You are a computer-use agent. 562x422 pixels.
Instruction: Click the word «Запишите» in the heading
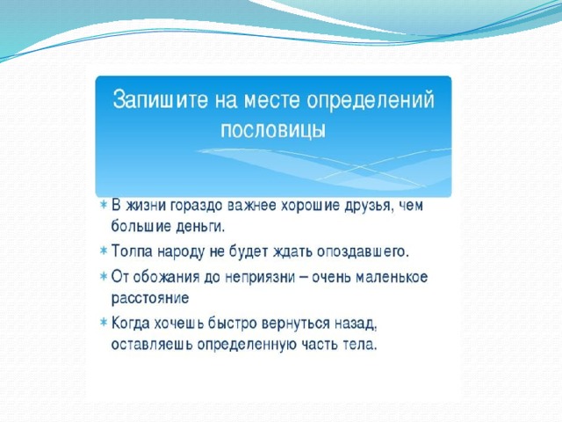160,99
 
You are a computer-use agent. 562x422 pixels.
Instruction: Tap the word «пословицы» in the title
273,130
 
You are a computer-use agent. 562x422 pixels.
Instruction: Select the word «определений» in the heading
371,100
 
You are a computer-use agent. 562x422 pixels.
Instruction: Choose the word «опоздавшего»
363,252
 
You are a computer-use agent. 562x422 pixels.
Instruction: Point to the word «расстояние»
150,299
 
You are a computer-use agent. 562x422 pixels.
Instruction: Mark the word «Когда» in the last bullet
131,323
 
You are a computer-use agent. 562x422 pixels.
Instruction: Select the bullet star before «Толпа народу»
104,250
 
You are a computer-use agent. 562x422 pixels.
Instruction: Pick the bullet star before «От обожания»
104,276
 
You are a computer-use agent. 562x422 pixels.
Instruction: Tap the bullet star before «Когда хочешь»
104,322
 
